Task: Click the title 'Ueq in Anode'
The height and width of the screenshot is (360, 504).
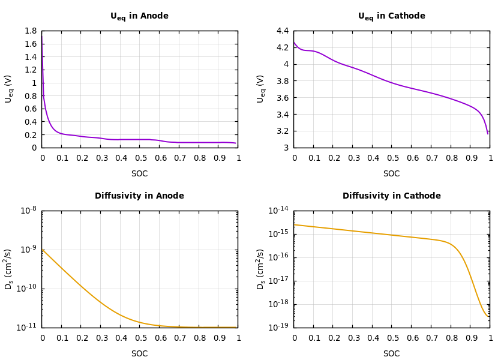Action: (x=139, y=16)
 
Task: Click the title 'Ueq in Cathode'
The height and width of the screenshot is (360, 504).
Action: (x=391, y=16)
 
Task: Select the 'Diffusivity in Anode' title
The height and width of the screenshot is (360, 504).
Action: (x=139, y=196)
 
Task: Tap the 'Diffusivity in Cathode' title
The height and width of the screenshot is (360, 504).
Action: (x=391, y=196)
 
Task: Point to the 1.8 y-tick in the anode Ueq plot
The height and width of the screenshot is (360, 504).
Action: (x=30, y=31)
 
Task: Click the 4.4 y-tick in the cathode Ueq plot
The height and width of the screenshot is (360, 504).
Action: (x=282, y=31)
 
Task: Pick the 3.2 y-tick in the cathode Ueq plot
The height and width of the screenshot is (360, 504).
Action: (x=282, y=131)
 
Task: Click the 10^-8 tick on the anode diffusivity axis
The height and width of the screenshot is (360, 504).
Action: (x=28, y=210)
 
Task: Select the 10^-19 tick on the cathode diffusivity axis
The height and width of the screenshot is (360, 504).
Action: (x=279, y=327)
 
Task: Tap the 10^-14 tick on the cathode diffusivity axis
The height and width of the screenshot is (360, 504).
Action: (x=279, y=210)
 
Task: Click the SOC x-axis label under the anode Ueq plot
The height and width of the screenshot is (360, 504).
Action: (x=139, y=174)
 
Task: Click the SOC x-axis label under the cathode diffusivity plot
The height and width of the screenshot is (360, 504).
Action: (x=391, y=354)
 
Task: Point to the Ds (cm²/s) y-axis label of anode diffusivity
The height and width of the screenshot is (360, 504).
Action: (x=8, y=269)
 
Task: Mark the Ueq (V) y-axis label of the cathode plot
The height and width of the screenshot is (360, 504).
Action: (x=260, y=89)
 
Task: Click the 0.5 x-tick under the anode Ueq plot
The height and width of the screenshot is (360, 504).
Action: (x=140, y=158)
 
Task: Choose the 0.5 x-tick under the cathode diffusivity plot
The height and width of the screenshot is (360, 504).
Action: (x=392, y=338)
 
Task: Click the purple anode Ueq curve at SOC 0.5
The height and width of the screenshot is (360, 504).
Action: (x=140, y=140)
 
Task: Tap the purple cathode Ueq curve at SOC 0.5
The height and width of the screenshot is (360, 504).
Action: (x=392, y=83)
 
